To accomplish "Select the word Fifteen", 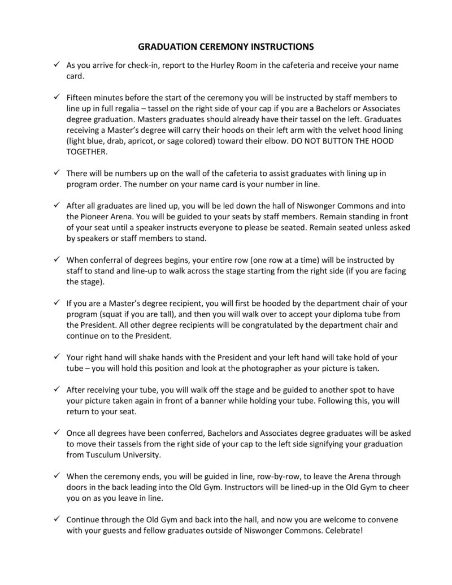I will (x=82, y=97).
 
